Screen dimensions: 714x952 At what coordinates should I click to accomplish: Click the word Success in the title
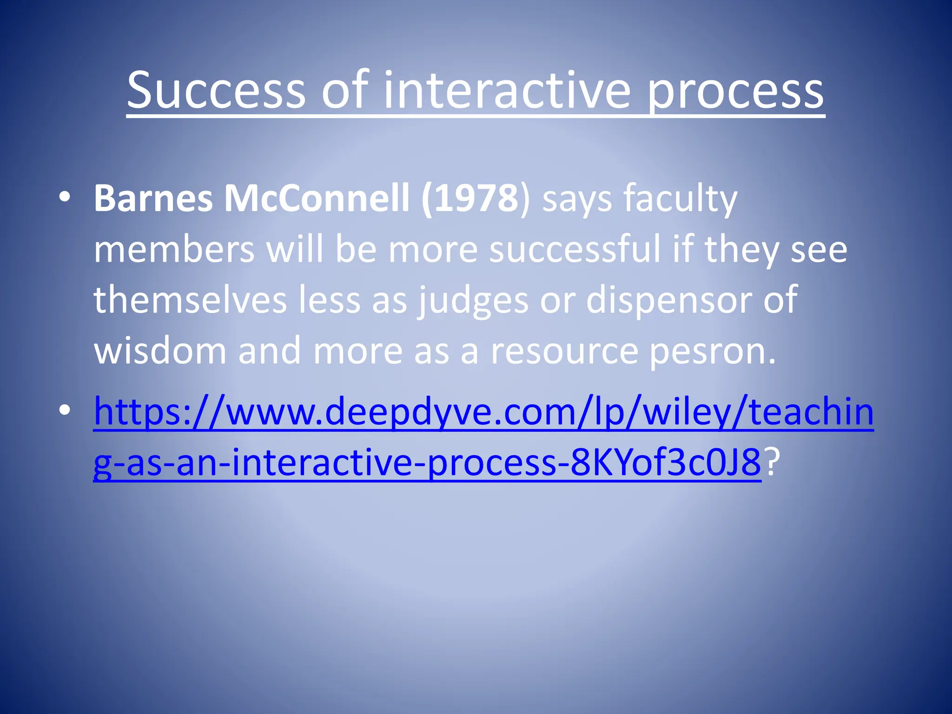click(217, 91)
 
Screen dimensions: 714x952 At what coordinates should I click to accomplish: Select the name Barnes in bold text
click(153, 199)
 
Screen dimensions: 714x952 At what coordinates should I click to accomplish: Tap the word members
click(174, 250)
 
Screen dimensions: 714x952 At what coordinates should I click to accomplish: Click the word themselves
click(190, 301)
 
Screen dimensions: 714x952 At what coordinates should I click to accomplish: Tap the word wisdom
click(160, 351)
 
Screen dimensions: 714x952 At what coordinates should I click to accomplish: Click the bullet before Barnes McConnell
click(65, 198)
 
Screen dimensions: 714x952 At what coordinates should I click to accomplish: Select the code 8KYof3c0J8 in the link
click(665, 463)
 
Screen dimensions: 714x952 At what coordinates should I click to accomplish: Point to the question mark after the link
click(772, 463)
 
